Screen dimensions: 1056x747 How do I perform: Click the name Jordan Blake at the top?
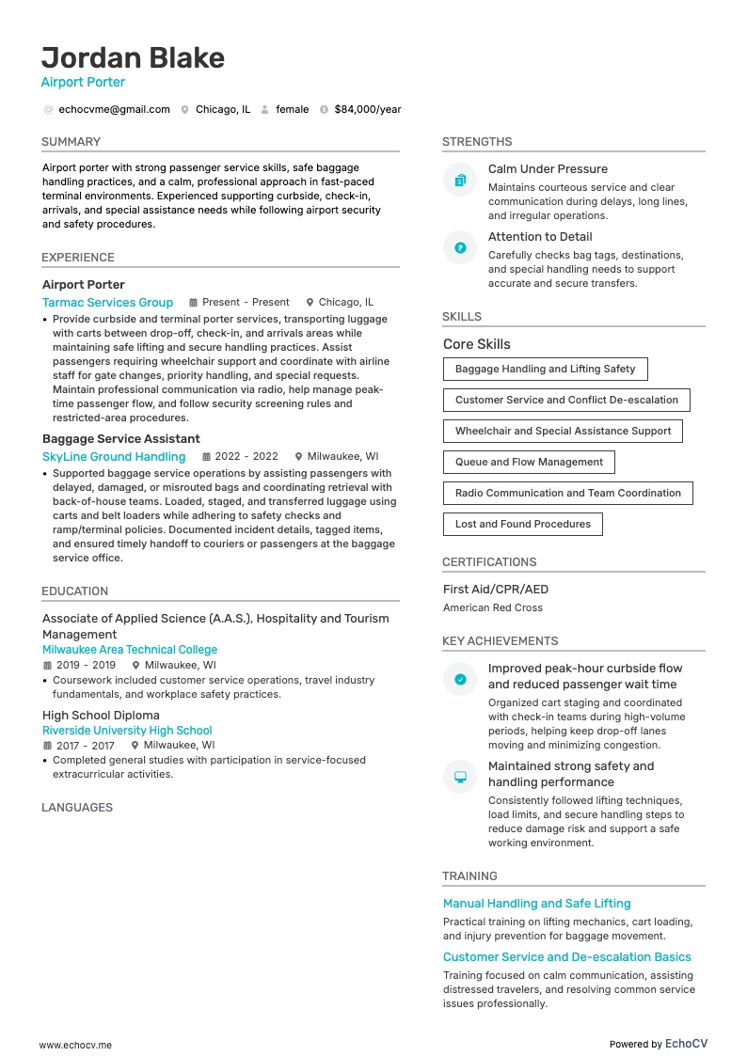pyautogui.click(x=133, y=58)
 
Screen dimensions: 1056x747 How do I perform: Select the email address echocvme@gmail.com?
pyautogui.click(x=114, y=109)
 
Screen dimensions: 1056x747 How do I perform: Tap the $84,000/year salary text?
pyautogui.click(x=367, y=109)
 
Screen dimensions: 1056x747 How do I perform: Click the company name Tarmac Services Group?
pyautogui.click(x=107, y=302)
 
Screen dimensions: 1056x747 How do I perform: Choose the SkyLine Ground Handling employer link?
pyautogui.click(x=114, y=457)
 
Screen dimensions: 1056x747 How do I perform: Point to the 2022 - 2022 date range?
pyautogui.click(x=247, y=457)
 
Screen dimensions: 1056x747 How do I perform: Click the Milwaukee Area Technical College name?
pyautogui.click(x=130, y=650)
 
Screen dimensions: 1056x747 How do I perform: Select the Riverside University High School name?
pyautogui.click(x=127, y=731)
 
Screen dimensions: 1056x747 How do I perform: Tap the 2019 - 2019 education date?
pyautogui.click(x=85, y=665)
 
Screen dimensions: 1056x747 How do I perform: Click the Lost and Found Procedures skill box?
pyautogui.click(x=522, y=524)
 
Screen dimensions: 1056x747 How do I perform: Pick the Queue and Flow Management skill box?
pyautogui.click(x=529, y=462)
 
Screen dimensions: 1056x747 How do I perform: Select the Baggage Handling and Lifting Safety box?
pyautogui.click(x=545, y=369)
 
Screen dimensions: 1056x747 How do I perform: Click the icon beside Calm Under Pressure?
pyautogui.click(x=460, y=180)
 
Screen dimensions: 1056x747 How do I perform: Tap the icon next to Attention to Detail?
pyautogui.click(x=460, y=247)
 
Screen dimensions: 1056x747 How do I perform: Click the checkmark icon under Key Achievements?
pyautogui.click(x=460, y=679)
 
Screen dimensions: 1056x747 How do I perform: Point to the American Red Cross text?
pyautogui.click(x=493, y=607)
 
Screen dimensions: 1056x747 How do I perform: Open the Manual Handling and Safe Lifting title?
pyautogui.click(x=537, y=904)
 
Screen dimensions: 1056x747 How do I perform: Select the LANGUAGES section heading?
pyautogui.click(x=77, y=808)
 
